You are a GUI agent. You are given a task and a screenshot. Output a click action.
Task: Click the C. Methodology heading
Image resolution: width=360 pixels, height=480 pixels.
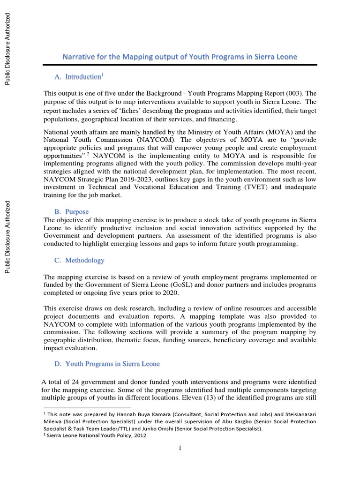click(78, 260)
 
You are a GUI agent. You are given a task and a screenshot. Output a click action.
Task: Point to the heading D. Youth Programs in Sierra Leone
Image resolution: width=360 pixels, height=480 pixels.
click(106, 364)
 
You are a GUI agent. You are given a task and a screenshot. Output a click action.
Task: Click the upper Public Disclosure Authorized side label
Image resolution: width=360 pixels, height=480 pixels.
click(7, 49)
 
